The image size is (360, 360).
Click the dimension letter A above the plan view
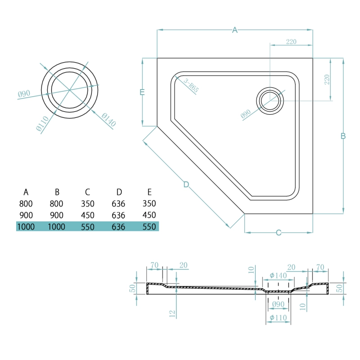234,30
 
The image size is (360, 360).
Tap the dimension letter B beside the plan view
343,136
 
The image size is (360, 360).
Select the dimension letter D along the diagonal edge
186,184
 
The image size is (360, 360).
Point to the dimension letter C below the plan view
279,233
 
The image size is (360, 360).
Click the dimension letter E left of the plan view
142,92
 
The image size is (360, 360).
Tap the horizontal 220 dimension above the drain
291,42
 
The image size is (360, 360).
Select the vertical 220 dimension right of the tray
327,80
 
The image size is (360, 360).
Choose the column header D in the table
118,192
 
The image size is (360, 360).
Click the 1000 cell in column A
26,226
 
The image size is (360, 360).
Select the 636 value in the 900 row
118,215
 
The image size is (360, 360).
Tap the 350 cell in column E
149,203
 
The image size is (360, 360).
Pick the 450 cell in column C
87,215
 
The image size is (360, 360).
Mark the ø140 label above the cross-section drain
278,275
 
